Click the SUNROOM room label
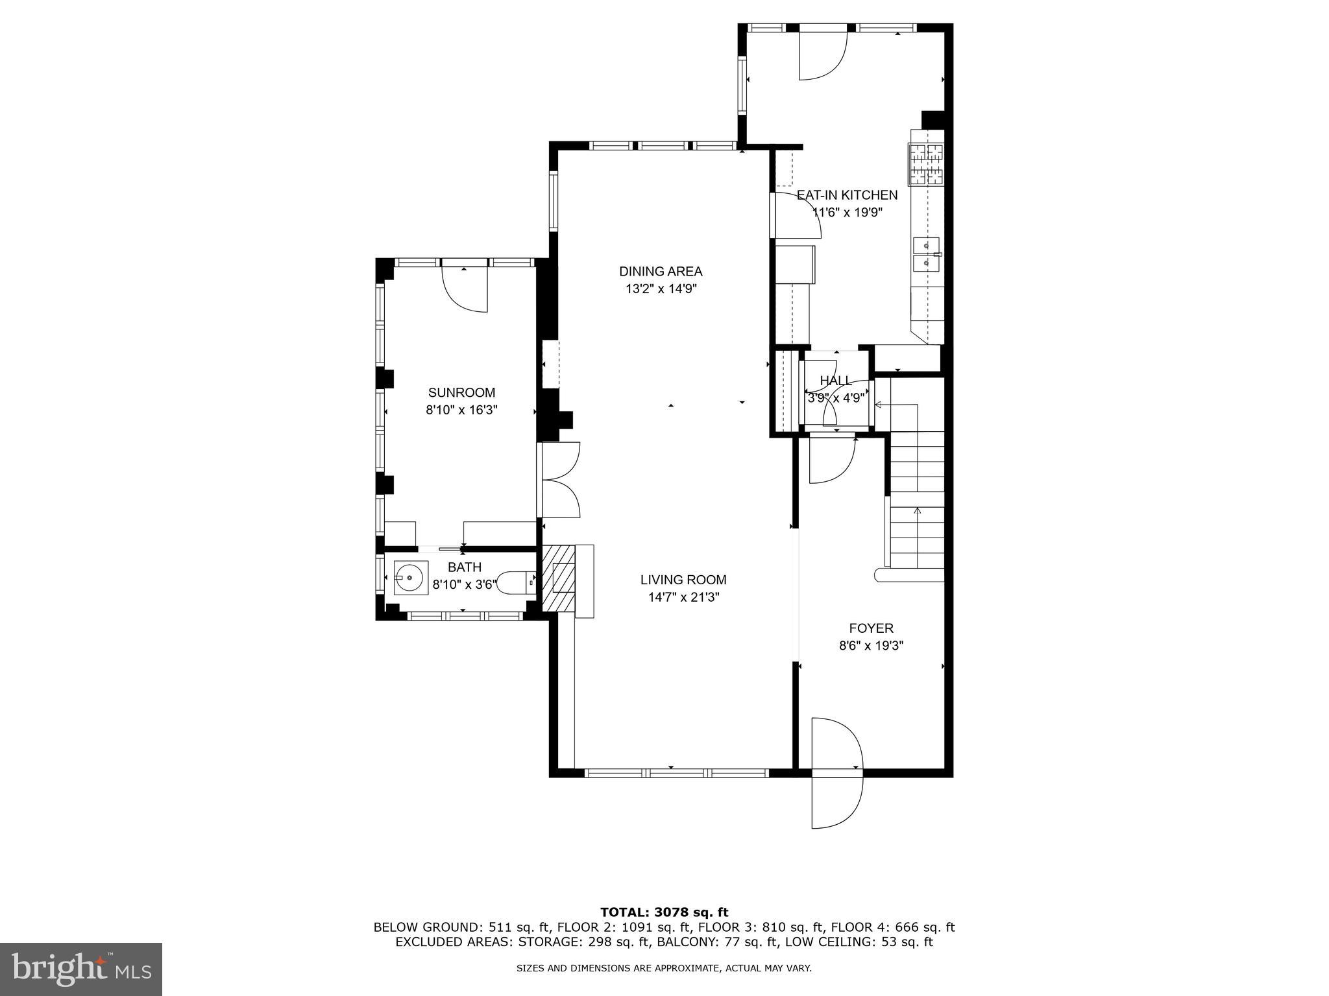click(x=461, y=392)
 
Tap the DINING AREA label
click(x=660, y=271)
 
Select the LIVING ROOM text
click(x=683, y=580)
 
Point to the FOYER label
click(x=871, y=628)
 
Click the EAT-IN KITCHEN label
click(x=847, y=195)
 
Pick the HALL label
click(x=835, y=381)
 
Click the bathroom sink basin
click(x=409, y=576)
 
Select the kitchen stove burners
click(x=926, y=164)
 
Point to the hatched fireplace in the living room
click(x=559, y=578)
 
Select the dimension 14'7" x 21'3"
click(x=683, y=597)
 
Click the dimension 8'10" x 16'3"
click(x=461, y=410)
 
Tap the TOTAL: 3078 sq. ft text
click(x=664, y=912)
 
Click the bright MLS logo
click(x=81, y=969)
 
